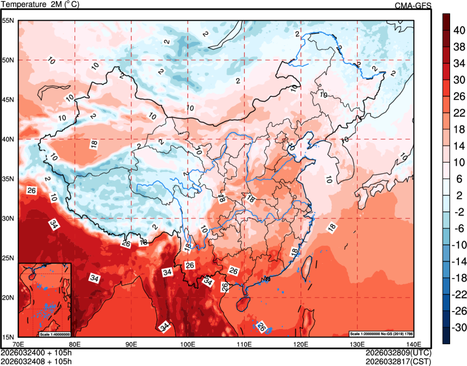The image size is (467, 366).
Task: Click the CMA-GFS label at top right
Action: point(413,5)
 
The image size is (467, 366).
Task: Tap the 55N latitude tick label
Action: point(8,21)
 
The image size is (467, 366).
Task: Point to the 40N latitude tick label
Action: point(8,139)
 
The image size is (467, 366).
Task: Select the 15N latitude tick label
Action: point(8,337)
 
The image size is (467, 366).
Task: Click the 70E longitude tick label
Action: point(18,344)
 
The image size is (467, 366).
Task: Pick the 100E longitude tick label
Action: point(188,344)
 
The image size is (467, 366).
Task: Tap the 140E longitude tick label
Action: point(414,344)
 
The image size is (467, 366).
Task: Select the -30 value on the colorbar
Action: point(460,328)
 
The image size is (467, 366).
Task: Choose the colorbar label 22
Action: point(460,113)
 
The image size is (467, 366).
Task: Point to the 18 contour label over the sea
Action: point(331,227)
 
